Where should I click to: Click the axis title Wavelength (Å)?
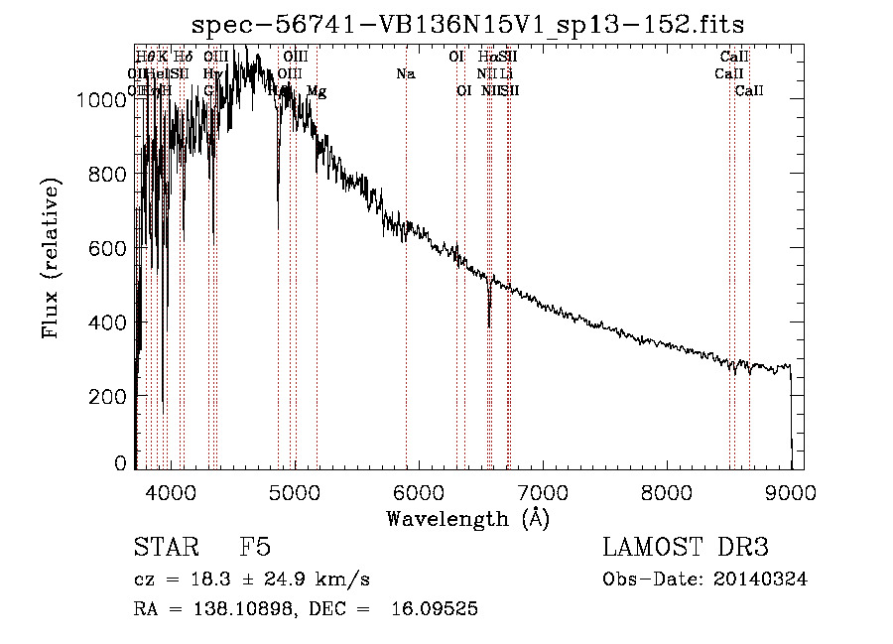point(467,517)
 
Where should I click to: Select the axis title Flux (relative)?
point(50,258)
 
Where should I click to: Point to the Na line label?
point(405,73)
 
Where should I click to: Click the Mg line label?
point(317,91)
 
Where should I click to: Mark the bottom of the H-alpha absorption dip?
point(489,325)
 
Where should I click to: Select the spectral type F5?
point(256,548)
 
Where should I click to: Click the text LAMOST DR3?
point(686,548)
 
